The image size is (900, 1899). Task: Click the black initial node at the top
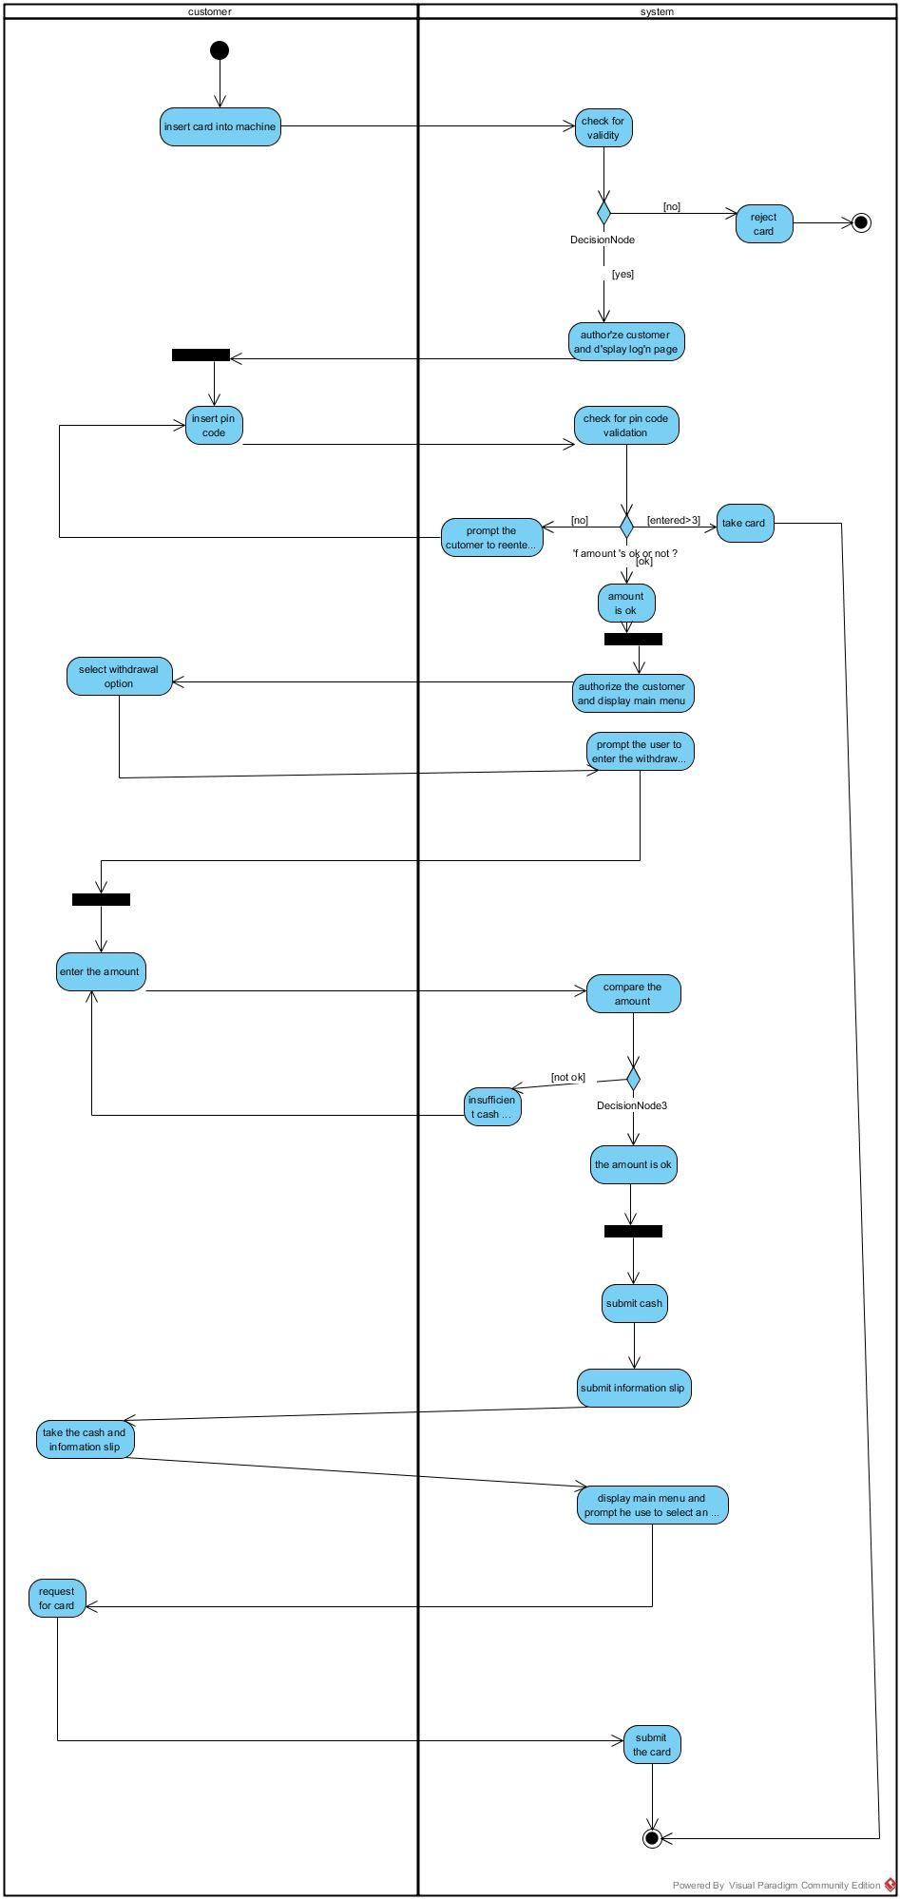220,50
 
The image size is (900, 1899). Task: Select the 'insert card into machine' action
220,126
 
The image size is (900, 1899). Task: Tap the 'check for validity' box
603,127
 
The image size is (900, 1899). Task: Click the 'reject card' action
764,224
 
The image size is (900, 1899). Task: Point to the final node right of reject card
861,223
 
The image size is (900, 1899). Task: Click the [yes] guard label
622,275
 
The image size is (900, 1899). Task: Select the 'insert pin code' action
214,425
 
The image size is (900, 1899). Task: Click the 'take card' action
744,523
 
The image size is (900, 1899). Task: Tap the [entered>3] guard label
673,520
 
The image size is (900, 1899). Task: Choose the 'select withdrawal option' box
120,676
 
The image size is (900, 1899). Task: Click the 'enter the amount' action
101,971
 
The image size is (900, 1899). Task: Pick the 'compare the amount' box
633,993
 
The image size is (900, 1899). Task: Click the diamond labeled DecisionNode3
634,1079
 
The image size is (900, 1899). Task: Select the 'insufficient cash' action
492,1106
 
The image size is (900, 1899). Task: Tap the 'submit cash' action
634,1303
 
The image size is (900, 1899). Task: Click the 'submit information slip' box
633,1388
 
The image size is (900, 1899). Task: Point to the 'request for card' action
57,1598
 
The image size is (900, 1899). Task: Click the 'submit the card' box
652,1744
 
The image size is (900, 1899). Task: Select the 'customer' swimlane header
210,11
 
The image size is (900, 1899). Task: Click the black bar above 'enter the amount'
101,899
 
